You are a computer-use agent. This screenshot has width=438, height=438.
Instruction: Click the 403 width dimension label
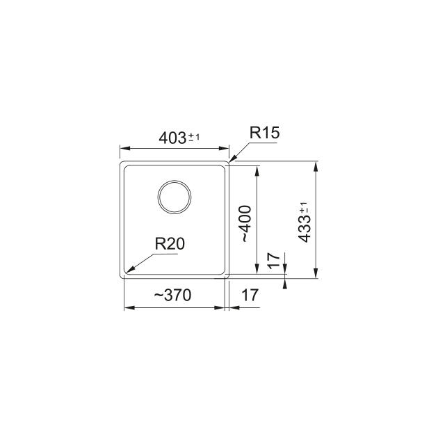point(172,138)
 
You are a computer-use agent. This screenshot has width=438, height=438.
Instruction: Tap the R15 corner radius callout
point(264,133)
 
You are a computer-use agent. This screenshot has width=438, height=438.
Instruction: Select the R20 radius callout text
point(170,244)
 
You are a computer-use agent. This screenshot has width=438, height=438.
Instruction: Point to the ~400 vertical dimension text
point(245,224)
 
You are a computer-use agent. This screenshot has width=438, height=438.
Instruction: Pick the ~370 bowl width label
point(172,295)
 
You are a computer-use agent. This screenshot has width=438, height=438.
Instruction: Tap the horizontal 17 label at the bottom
point(250,295)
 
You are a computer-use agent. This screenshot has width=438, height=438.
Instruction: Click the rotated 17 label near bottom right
point(274,260)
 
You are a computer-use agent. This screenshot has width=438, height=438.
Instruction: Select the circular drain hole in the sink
point(175,197)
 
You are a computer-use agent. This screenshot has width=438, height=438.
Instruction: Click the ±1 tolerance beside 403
point(194,137)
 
